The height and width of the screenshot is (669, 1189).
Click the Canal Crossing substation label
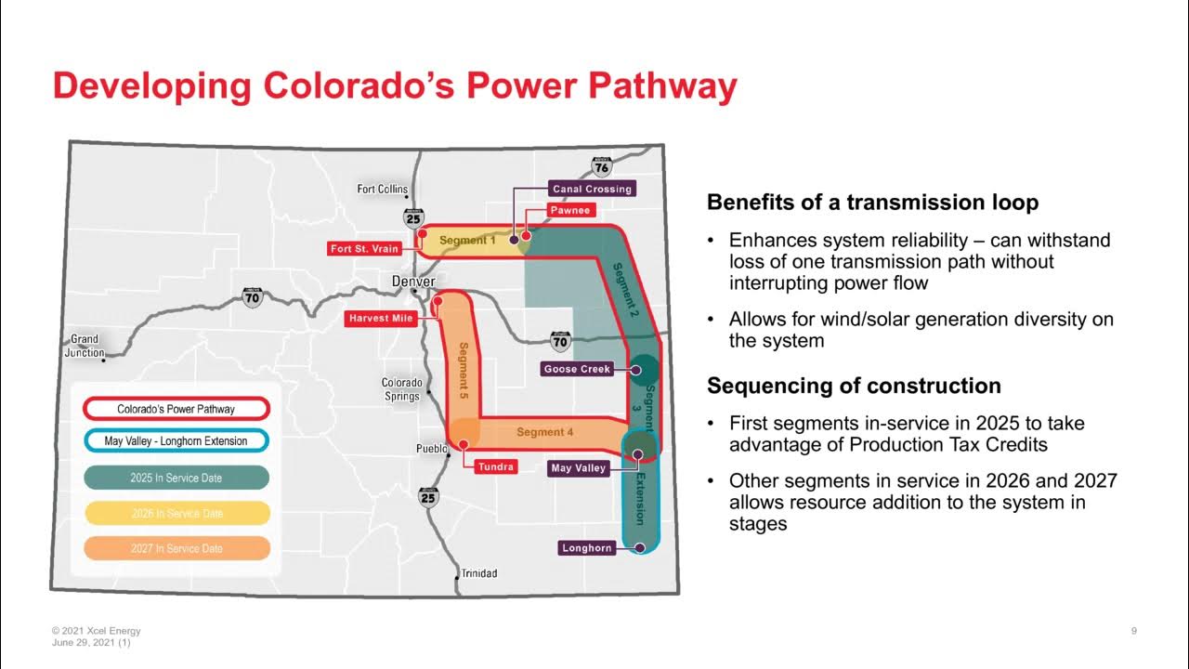592,189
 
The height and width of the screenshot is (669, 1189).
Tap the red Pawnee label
569,210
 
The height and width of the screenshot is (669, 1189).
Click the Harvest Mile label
380,319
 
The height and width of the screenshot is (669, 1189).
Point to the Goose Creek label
577,369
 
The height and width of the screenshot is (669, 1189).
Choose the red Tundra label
495,466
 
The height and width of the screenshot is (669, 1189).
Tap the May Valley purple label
578,468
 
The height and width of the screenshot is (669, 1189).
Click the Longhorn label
587,548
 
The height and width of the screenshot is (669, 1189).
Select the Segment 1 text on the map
467,241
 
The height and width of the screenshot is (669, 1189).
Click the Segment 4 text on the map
545,432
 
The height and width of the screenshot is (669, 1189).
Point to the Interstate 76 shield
602,167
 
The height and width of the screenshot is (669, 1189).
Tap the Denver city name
413,282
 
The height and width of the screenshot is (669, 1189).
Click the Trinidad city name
479,573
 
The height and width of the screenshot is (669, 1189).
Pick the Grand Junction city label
85,346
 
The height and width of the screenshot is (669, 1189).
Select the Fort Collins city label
383,190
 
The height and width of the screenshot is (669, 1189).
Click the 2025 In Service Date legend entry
176,478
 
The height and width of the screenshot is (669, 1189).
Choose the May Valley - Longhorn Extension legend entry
176,441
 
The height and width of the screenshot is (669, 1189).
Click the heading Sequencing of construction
854,386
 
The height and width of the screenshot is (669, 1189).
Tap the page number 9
1134,632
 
